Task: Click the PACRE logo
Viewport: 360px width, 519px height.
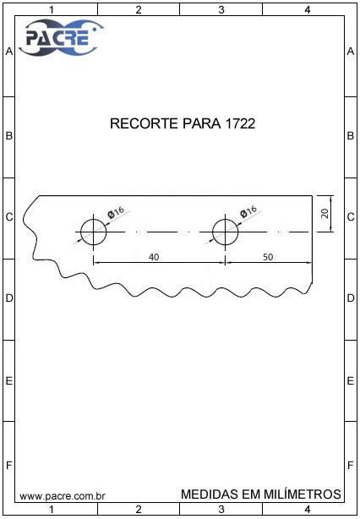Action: [x=61, y=37]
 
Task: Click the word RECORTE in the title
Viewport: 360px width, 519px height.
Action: [x=145, y=123]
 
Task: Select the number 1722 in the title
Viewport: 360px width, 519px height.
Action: [x=240, y=123]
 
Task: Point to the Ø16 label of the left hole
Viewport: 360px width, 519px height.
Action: [x=116, y=212]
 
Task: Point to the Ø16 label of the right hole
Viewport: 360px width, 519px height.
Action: [x=248, y=212]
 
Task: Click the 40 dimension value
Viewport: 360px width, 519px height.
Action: [x=154, y=257]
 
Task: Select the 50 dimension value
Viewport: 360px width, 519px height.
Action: [x=269, y=257]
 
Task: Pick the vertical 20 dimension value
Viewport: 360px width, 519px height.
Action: [x=325, y=213]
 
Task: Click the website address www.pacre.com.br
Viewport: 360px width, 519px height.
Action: [x=63, y=496]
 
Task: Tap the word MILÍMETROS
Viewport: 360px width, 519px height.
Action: [x=302, y=494]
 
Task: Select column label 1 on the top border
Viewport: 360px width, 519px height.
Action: [x=52, y=10]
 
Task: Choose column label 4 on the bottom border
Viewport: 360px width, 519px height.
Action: [x=308, y=509]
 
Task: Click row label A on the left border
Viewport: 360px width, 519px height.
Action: [x=9, y=52]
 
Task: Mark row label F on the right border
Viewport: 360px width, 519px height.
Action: [x=351, y=466]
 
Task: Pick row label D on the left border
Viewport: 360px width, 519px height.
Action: [x=9, y=298]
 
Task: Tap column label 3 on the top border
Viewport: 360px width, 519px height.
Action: [x=221, y=10]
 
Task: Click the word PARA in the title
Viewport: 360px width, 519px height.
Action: [x=202, y=123]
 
